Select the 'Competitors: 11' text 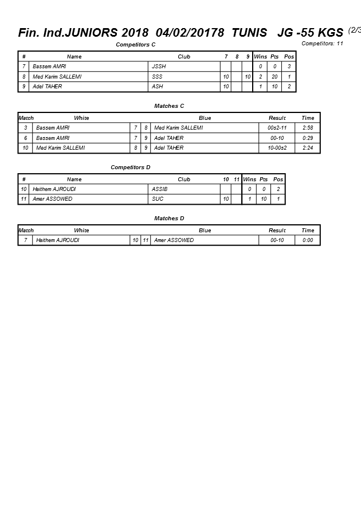(322, 44)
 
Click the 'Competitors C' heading (136, 45)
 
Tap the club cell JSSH (159, 67)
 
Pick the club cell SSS (157, 77)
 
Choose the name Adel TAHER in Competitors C (47, 87)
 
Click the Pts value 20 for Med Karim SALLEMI (274, 77)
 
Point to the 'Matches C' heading (169, 106)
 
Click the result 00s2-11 (277, 128)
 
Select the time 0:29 (308, 138)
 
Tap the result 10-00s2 (277, 148)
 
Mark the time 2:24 (308, 148)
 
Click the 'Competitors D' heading (130, 167)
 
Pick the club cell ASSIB (160, 189)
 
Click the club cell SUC (158, 199)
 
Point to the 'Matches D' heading (169, 219)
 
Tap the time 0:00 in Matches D (308, 240)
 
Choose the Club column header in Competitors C (184, 57)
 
